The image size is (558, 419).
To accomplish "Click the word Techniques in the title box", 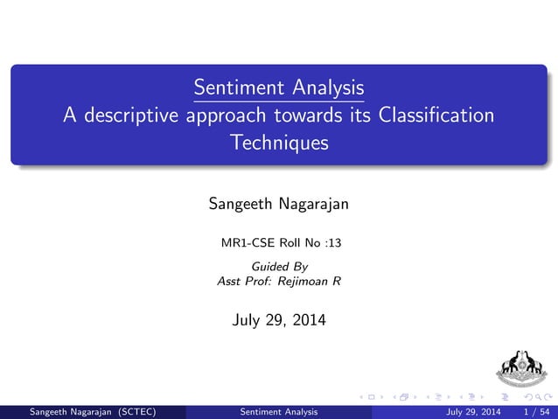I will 278,143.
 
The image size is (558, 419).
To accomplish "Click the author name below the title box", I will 278,205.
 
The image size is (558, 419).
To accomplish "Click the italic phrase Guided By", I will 279,266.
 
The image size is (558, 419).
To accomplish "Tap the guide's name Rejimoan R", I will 303,281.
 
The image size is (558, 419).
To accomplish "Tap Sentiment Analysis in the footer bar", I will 278,411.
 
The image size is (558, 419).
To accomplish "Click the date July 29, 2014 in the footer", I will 473,411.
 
